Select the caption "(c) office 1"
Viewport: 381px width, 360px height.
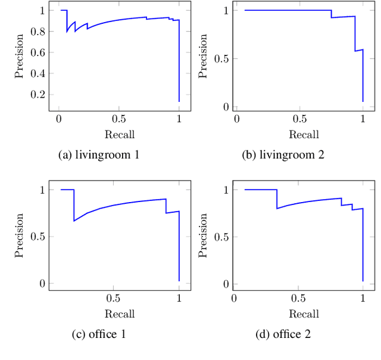click(99, 334)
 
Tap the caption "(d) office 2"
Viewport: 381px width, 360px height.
click(283, 334)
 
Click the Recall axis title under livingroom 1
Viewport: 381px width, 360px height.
click(120, 134)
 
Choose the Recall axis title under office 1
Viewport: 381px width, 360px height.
click(120, 314)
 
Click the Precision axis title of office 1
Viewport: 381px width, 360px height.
click(20, 236)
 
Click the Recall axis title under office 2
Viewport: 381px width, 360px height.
click(304, 314)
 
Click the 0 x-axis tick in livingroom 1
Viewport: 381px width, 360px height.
click(58, 119)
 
